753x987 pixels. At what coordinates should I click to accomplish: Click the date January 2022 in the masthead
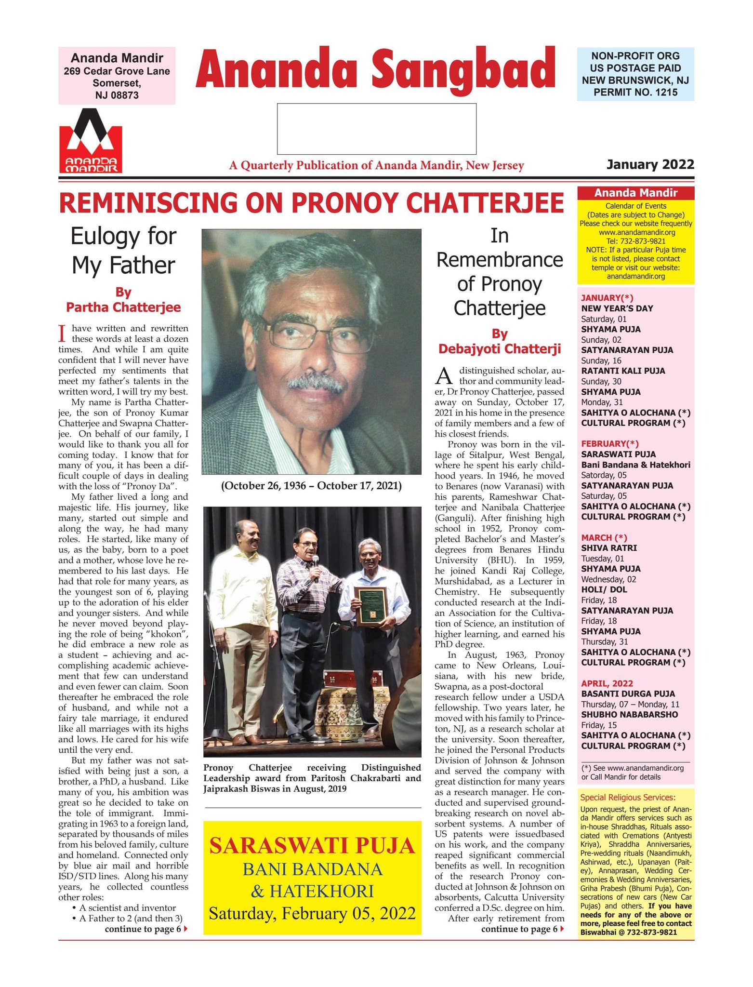point(650,165)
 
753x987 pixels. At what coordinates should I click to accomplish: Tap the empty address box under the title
point(376,129)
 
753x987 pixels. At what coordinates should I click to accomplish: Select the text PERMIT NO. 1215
point(635,92)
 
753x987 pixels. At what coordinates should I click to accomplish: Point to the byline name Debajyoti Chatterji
point(500,348)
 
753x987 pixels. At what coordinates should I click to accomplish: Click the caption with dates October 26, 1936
point(311,485)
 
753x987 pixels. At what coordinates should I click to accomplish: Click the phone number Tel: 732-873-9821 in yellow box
point(635,241)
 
